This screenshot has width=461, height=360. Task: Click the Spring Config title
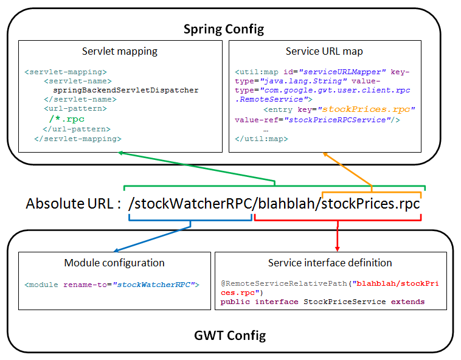[x=224, y=29]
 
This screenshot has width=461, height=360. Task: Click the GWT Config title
[x=230, y=335]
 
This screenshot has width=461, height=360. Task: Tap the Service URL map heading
[x=324, y=52]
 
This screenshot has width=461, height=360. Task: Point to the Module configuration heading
[x=114, y=263]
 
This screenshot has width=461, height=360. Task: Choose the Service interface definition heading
[x=330, y=263]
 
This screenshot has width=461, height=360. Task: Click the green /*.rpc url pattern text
[x=67, y=119]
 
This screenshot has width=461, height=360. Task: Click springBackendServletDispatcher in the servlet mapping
[x=126, y=90]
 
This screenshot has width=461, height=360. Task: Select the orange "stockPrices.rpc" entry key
[x=367, y=109]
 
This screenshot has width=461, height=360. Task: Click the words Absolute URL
[x=69, y=204]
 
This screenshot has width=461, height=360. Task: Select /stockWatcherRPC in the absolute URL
[x=190, y=204]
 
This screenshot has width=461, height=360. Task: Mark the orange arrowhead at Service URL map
[x=325, y=156]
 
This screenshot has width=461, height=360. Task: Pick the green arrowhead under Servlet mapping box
[x=122, y=153]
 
